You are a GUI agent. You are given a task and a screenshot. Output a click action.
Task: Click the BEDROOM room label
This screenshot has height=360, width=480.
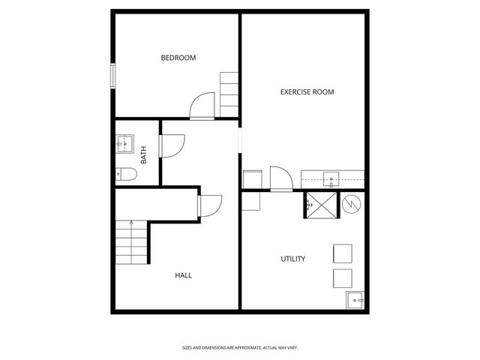pyautogui.click(x=178, y=58)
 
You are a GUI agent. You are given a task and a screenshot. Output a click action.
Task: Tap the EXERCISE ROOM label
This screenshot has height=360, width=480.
pyautogui.click(x=307, y=92)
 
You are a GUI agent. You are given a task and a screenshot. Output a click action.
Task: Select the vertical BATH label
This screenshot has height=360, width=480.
pyautogui.click(x=144, y=155)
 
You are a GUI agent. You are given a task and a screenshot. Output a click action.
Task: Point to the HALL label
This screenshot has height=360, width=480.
pyautogui.click(x=183, y=275)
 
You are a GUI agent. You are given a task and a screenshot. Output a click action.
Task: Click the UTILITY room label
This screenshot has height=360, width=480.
pyautogui.click(x=292, y=259)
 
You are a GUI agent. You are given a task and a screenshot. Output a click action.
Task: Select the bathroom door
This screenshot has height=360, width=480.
pyautogui.click(x=171, y=145)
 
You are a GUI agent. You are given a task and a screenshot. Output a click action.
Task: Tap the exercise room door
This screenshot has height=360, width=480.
pyautogui.click(x=280, y=178)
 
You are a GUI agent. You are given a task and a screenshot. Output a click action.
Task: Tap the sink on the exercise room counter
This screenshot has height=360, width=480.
pyautogui.click(x=331, y=178)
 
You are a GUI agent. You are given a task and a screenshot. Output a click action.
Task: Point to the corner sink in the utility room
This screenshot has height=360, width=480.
pyautogui.click(x=355, y=300)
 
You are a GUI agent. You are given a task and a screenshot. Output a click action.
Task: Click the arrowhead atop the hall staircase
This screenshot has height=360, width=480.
pyautogui.click(x=131, y=222)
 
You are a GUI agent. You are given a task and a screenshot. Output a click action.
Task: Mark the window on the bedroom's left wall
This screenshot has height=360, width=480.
pyautogui.click(x=113, y=77)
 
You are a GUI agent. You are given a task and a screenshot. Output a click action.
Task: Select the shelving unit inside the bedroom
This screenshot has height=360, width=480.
pyautogui.click(x=229, y=95)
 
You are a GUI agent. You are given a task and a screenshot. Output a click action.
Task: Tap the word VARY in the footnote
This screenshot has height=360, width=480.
pyautogui.click(x=292, y=348)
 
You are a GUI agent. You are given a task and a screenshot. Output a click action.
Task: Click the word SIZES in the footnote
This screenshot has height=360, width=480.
pyautogui.click(x=187, y=348)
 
